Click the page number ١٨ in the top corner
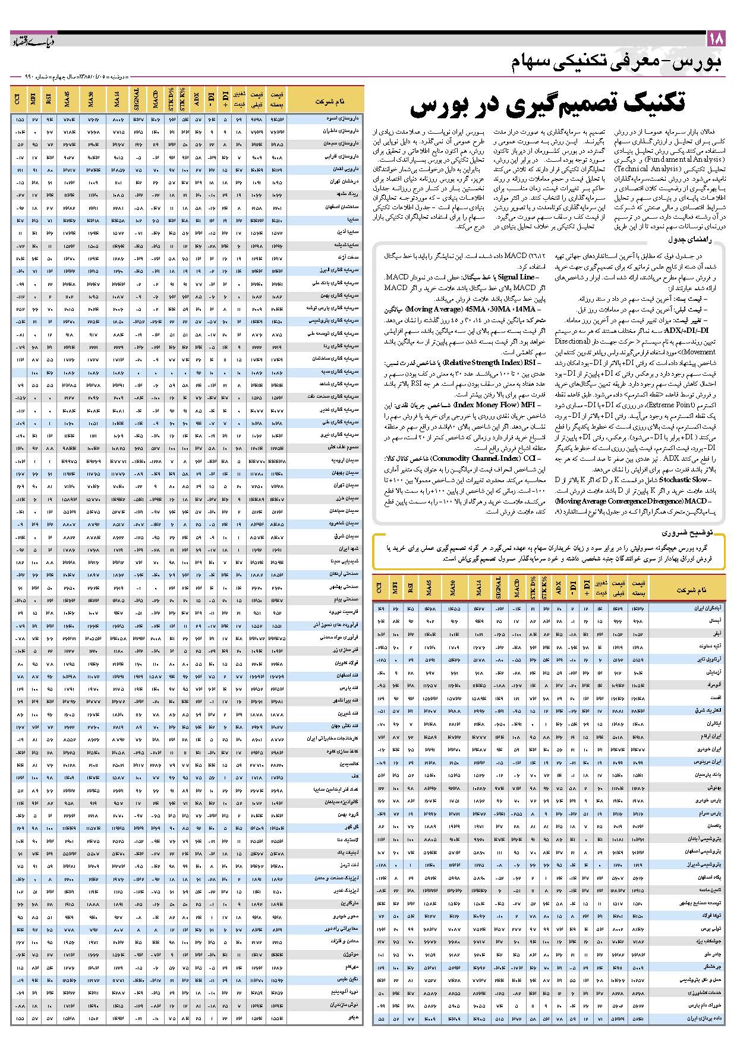tap(716, 39)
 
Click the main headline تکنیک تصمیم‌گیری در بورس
tap(547, 103)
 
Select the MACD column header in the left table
tap(156, 98)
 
